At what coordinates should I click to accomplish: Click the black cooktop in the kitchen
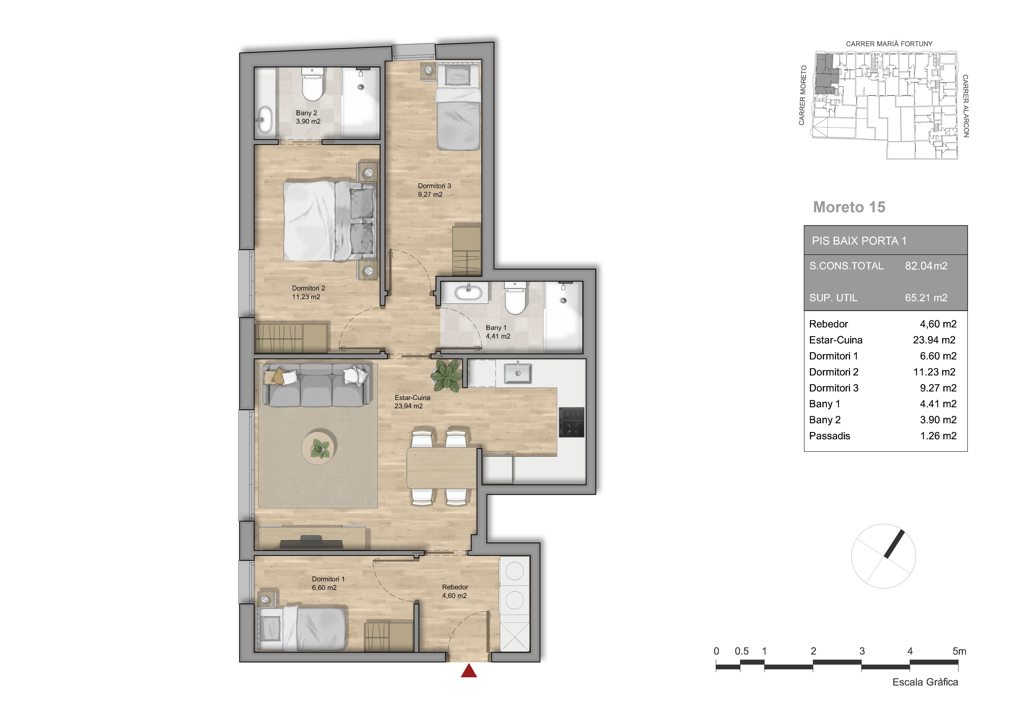tap(571, 422)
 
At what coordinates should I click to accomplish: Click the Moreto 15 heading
tap(849, 207)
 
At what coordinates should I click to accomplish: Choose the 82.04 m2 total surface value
tap(926, 266)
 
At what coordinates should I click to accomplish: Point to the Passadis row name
tap(830, 436)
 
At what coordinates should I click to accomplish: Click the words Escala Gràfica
tap(925, 682)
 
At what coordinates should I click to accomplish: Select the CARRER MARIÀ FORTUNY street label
tap(889, 44)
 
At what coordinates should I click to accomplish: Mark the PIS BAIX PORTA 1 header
tap(859, 241)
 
